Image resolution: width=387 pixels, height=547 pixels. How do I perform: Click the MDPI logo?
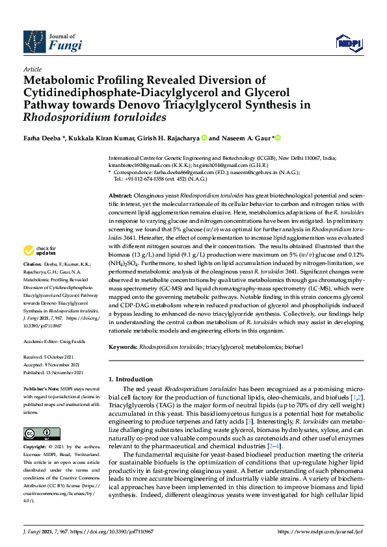click(348, 43)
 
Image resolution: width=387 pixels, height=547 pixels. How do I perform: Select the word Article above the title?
click(33, 69)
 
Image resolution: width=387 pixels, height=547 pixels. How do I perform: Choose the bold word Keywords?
click(123, 348)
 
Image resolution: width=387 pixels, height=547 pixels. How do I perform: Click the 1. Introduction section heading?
click(133, 378)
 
